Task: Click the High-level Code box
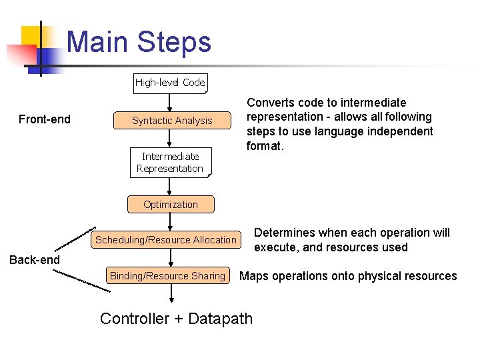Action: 171,83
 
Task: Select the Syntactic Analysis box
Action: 172,121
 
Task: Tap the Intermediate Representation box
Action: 170,163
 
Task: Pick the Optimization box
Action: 171,205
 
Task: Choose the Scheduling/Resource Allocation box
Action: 166,240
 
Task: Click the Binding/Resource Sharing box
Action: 167,276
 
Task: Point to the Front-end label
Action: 45,120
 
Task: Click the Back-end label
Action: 34,260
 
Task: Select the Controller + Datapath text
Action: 177,319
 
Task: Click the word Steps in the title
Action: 174,42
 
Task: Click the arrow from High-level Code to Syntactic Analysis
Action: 170,101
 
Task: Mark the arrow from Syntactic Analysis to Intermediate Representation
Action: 170,139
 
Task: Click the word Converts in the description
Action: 270,103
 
